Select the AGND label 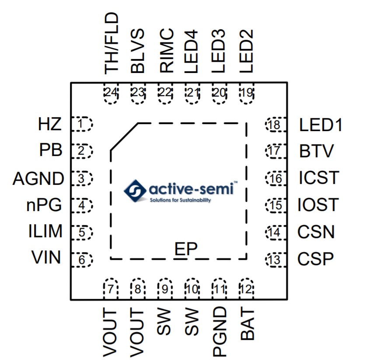(x=38, y=179)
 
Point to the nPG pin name (x=43, y=204)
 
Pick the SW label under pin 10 (x=192, y=323)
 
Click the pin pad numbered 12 (x=247, y=289)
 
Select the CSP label (x=315, y=259)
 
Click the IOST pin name (x=318, y=204)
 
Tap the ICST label (x=319, y=178)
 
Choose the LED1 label (x=321, y=125)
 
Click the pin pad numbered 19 (x=247, y=93)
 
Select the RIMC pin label (x=166, y=51)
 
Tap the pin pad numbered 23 (x=138, y=93)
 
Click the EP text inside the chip (x=186, y=249)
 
